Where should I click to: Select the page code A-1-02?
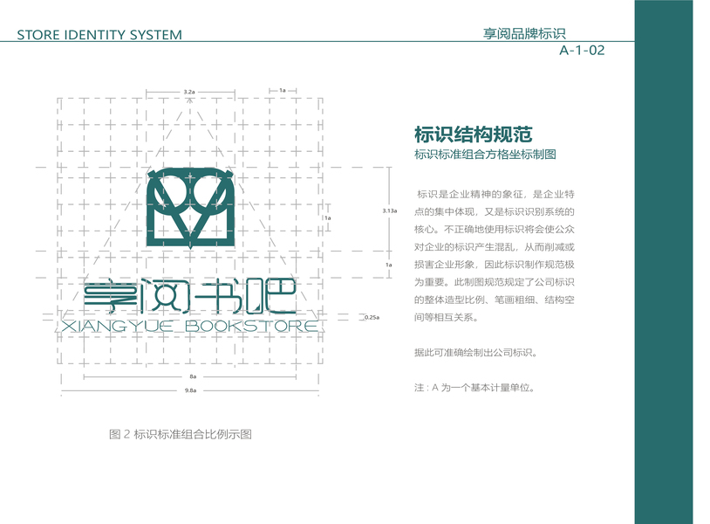point(582,51)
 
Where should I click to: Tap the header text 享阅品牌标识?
point(524,34)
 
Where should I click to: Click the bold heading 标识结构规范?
point(473,134)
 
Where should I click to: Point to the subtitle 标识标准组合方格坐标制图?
point(485,155)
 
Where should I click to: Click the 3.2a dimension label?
point(189,91)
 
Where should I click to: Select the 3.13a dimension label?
point(389,210)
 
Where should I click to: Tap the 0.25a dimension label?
point(371,318)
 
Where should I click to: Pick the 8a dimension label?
point(191,376)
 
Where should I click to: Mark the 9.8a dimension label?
point(190,390)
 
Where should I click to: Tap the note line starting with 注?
point(474,387)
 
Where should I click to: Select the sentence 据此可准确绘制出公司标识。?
point(475,353)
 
